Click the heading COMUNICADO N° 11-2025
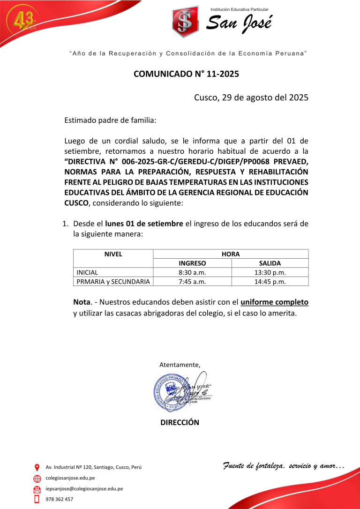(x=180, y=74)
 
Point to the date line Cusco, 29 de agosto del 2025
(x=251, y=97)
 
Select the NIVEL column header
(x=113, y=254)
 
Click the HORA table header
(x=231, y=254)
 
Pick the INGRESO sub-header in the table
(x=192, y=263)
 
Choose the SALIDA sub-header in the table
(x=270, y=263)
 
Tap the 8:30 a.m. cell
(x=192, y=272)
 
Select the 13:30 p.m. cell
(x=270, y=272)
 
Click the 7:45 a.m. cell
(x=192, y=281)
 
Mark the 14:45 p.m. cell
(x=270, y=281)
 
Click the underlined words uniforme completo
(x=274, y=302)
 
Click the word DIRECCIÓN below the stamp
(x=180, y=422)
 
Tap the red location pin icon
(x=37, y=467)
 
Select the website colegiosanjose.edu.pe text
(x=70, y=478)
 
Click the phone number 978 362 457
(x=60, y=499)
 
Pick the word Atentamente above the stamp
(x=180, y=365)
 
